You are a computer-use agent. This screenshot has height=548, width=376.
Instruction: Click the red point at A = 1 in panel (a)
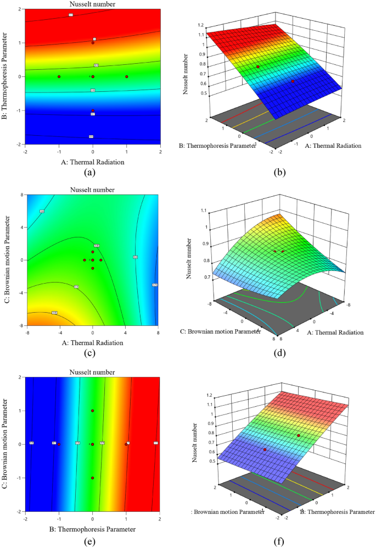point(127,76)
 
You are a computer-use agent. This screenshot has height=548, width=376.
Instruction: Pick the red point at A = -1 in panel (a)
point(59,76)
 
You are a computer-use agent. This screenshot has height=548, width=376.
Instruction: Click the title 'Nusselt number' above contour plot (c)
point(93,190)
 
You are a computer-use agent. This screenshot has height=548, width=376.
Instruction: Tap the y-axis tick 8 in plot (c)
point(20,195)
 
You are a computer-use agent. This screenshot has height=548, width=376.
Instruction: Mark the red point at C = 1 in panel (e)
point(93,411)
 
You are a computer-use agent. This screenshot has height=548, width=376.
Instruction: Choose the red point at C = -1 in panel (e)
point(93,478)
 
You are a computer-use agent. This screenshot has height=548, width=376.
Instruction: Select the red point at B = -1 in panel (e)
point(59,444)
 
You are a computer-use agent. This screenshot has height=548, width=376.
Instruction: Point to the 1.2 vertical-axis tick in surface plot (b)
point(201,26)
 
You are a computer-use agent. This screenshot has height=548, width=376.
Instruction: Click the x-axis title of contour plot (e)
point(93,529)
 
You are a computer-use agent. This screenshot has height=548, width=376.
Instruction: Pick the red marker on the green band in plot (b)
point(257,67)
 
